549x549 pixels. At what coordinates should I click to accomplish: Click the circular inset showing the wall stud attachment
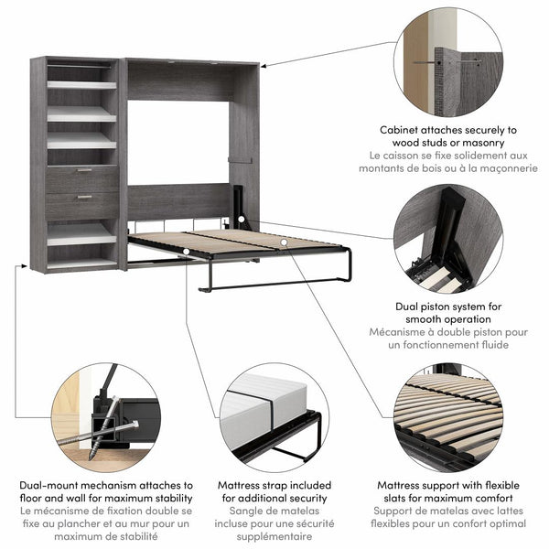(x=448, y=61)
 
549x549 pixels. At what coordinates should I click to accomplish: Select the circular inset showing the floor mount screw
(x=105, y=417)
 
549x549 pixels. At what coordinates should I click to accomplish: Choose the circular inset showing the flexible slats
(x=449, y=417)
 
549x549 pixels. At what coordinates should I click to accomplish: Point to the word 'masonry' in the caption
(x=476, y=144)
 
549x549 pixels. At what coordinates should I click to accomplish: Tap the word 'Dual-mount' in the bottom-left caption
(x=51, y=486)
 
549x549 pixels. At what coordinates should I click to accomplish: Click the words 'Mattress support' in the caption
(x=426, y=486)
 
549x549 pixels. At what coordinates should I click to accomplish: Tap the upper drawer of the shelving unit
(x=82, y=178)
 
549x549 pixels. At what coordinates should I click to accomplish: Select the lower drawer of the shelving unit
(x=82, y=205)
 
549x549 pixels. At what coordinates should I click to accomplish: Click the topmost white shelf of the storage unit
(x=81, y=84)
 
